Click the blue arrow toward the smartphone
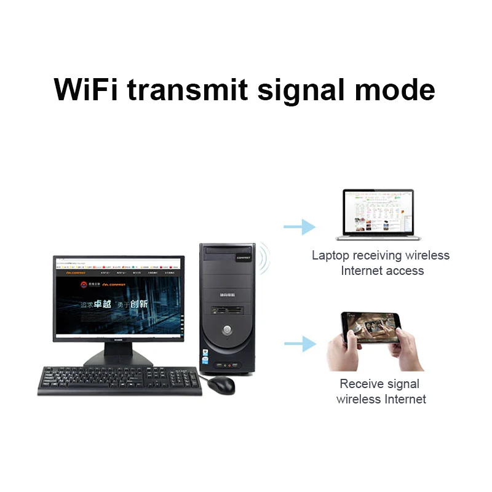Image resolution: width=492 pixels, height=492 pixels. (x=300, y=343)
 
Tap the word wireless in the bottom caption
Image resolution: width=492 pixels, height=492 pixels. (x=359, y=399)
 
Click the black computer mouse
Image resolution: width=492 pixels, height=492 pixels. (x=221, y=385)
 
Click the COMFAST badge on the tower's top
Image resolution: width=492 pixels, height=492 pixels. (x=244, y=259)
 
